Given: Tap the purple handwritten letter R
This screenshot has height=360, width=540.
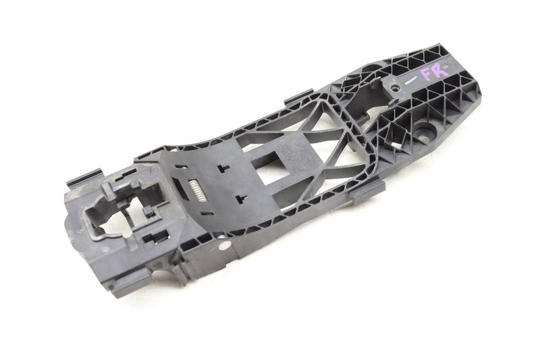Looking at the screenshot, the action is [x=441, y=70].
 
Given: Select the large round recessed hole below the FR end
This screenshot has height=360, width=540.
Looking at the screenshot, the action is [x=424, y=132].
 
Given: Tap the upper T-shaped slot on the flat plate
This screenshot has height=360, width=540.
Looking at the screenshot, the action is [x=223, y=168].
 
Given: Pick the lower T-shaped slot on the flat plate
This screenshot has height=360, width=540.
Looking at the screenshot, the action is [x=241, y=199].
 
